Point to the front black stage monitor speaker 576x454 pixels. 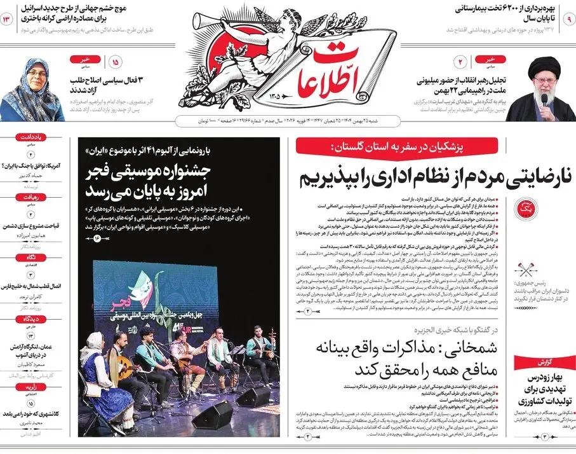click(212, 413)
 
